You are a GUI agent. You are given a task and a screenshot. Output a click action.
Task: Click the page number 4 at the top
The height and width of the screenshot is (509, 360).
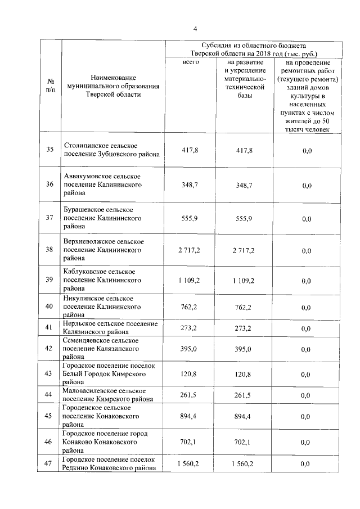(x=195, y=29)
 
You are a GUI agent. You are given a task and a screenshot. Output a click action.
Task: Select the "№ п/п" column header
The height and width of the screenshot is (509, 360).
(x=51, y=85)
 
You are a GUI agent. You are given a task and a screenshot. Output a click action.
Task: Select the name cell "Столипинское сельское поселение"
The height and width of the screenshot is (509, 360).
(x=111, y=150)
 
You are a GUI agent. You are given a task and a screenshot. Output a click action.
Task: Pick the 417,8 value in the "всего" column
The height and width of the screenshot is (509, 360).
(x=191, y=151)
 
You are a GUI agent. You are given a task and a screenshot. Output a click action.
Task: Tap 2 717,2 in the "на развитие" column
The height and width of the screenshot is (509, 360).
(x=244, y=250)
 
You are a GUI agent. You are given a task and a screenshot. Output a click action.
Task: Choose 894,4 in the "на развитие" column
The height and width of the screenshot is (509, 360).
(x=244, y=416)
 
